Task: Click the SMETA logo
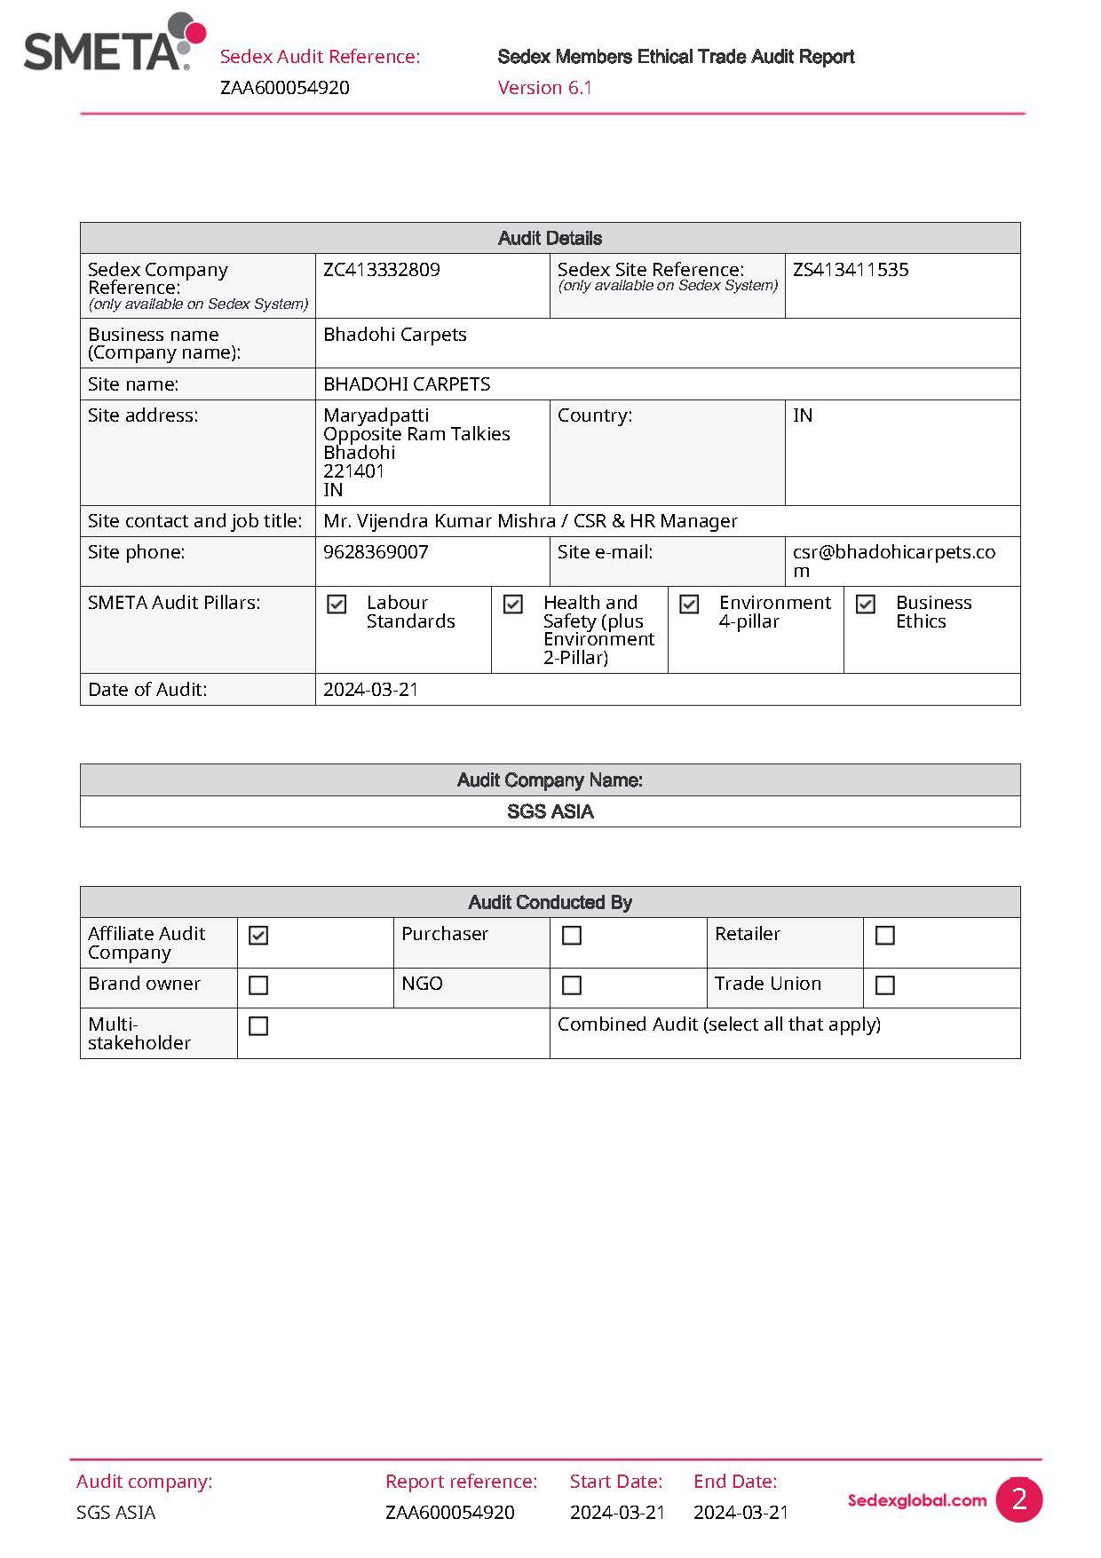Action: tap(114, 44)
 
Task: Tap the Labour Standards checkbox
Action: tap(337, 605)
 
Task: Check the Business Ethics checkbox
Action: tap(866, 605)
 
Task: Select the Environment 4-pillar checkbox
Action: tap(689, 605)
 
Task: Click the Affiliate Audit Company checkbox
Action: tap(258, 936)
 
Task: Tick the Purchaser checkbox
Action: tap(572, 936)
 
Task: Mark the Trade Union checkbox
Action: tap(884, 985)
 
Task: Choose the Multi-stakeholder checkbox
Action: tap(258, 1026)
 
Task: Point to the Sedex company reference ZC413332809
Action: tap(382, 270)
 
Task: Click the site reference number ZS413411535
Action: tap(851, 270)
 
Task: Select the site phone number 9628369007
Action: tap(376, 552)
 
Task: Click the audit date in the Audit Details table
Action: tap(370, 690)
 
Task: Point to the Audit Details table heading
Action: tap(550, 239)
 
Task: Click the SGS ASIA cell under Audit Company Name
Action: tap(550, 811)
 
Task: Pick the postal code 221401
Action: tap(354, 471)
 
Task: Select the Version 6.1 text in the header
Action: tap(544, 88)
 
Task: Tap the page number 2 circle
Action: tap(1018, 1499)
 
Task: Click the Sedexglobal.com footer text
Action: tap(916, 1500)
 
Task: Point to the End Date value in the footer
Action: tap(741, 1513)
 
